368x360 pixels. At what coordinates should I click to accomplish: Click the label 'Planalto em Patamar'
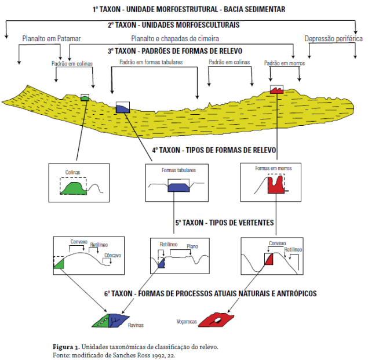(52, 39)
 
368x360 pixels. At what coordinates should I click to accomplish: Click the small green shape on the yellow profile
(85, 99)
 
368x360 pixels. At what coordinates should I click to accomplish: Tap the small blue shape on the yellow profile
(123, 108)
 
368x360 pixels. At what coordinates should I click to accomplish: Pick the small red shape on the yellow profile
(277, 90)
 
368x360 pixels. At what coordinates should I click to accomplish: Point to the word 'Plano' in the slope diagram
(192, 246)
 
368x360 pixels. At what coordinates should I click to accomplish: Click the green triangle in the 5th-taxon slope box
(59, 264)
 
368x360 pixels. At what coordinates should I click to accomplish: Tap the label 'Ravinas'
(136, 325)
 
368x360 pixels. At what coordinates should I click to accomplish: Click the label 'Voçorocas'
(187, 321)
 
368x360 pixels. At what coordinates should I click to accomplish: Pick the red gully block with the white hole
(217, 319)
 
